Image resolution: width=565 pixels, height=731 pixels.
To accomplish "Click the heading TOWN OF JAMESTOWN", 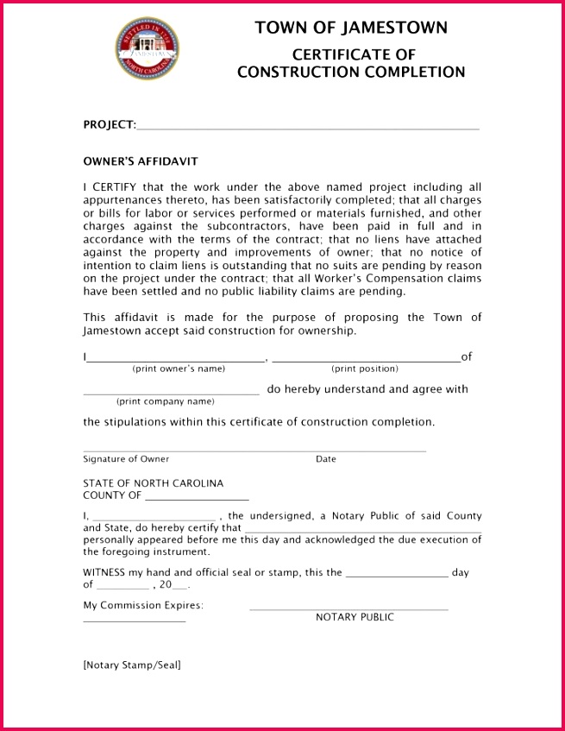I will tap(351, 28).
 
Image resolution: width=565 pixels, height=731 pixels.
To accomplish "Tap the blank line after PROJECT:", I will tap(307, 128).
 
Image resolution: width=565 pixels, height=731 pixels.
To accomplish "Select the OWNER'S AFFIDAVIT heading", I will tap(141, 161).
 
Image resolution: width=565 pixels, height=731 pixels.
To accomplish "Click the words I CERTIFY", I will tap(111, 187).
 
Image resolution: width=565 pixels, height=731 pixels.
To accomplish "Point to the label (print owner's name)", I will tap(179, 369).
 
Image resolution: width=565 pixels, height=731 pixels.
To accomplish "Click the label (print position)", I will tap(365, 369).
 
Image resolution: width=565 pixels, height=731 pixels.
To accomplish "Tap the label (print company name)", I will tap(166, 401).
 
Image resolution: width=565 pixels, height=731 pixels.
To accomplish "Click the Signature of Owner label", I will tap(126, 459).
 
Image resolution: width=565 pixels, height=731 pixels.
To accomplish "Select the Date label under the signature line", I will tap(326, 459).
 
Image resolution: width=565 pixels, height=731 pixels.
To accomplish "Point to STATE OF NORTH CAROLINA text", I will tap(153, 483).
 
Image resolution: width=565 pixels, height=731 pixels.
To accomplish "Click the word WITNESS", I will tap(104, 572).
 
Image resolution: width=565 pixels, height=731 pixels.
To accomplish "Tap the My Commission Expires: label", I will tap(143, 605).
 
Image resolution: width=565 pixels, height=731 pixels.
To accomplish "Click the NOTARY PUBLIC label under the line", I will tap(355, 617).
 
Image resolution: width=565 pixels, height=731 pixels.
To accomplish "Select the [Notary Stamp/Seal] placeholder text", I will tap(132, 665).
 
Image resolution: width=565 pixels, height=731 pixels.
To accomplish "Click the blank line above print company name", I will tap(171, 393).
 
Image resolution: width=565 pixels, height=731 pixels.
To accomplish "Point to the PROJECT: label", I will tap(110, 125).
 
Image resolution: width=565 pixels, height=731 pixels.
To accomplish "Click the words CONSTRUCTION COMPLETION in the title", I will tap(351, 72).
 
